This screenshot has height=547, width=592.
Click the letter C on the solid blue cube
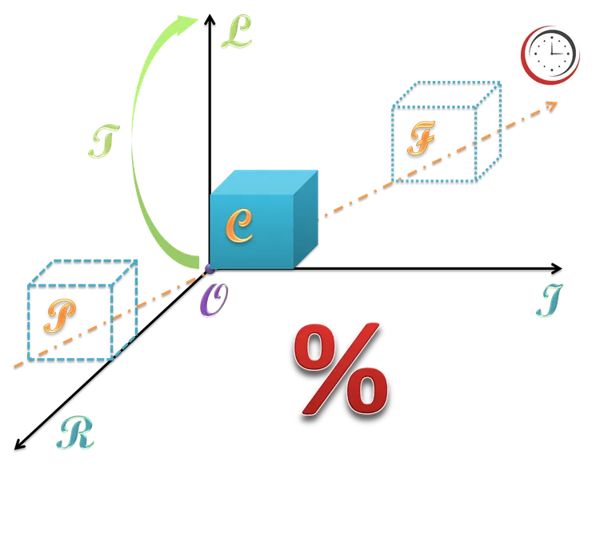click(239, 226)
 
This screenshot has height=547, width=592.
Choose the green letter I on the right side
click(549, 301)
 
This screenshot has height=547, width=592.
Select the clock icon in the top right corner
click(550, 54)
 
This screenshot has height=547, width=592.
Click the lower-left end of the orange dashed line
click(13, 367)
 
